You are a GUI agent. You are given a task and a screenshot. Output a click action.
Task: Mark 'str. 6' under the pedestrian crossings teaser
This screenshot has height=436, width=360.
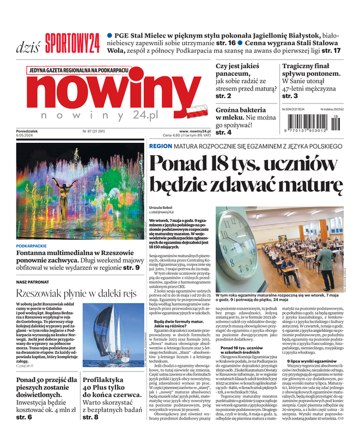[x=24, y=417]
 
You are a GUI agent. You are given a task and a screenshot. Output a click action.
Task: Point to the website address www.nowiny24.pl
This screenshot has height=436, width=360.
[x=194, y=131]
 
